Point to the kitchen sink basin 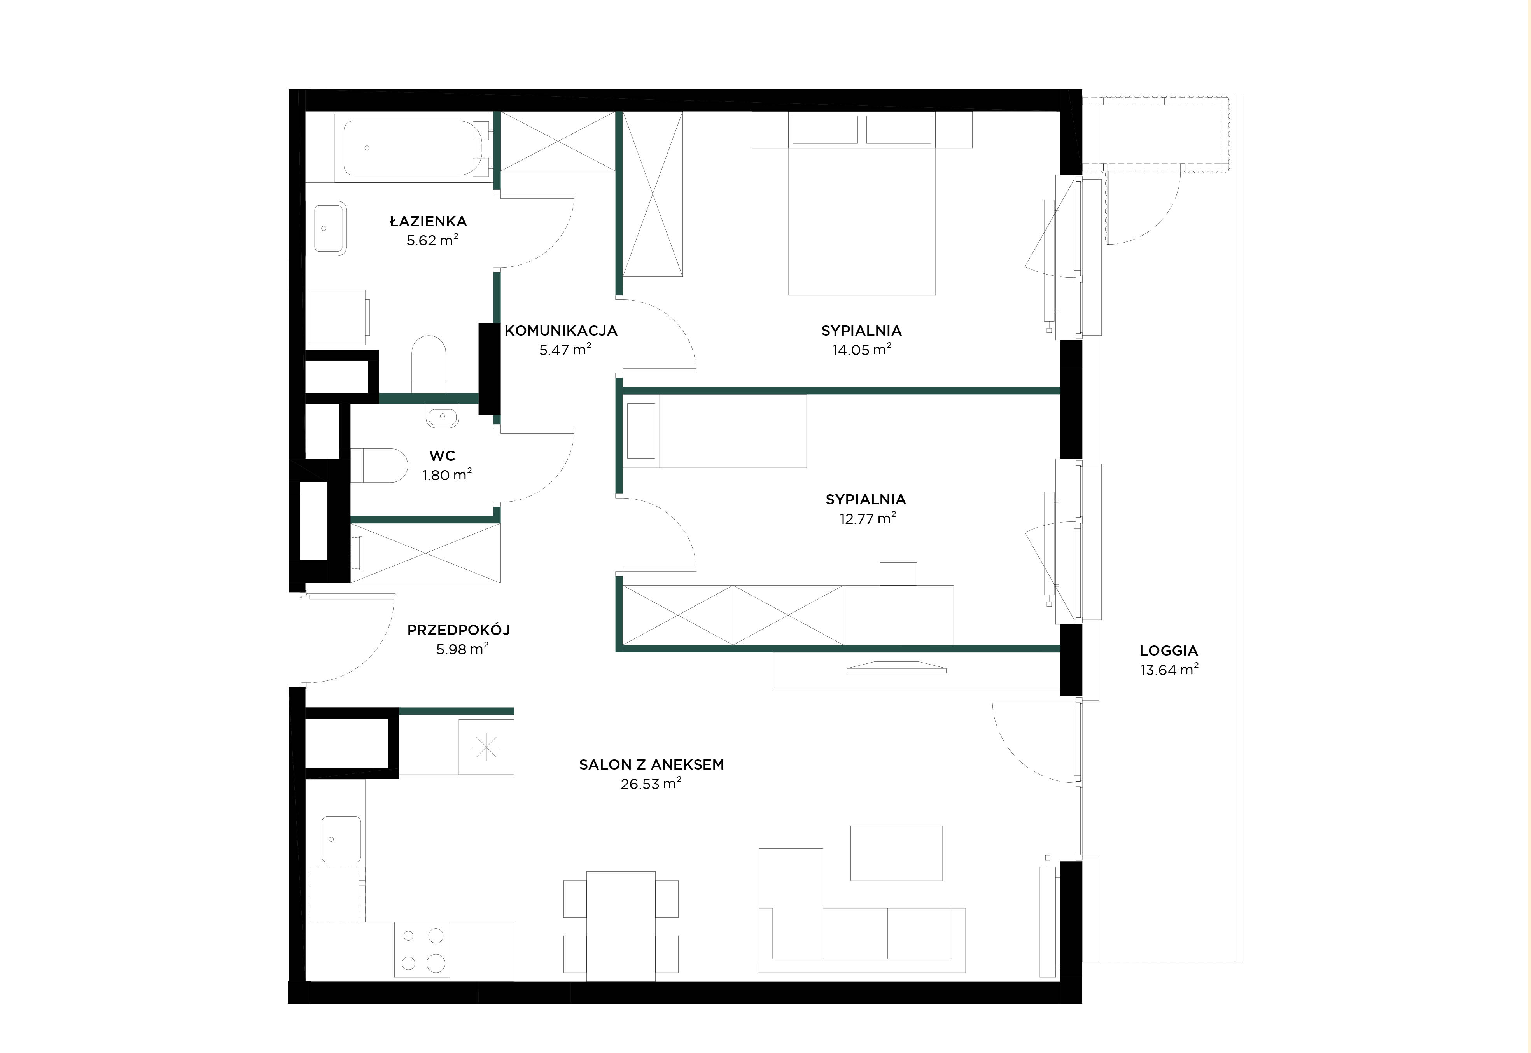point(341,839)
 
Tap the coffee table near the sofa point(896,852)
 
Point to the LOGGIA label point(1168,651)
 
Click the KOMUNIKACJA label point(561,331)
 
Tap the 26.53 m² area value point(651,784)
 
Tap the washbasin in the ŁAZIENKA point(329,227)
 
